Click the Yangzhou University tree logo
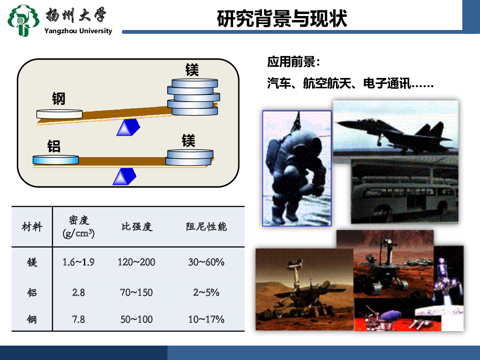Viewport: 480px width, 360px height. click(23, 20)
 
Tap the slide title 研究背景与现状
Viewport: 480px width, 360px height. click(282, 18)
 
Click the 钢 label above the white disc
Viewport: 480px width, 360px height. click(59, 98)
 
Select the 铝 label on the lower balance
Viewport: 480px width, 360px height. click(54, 146)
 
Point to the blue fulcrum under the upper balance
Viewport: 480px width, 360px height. click(128, 128)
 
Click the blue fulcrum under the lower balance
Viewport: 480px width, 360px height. click(124, 177)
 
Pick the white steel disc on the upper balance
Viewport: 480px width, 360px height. click(60, 114)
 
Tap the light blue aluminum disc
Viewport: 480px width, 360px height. click(56, 160)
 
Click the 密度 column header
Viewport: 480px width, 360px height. click(79, 227)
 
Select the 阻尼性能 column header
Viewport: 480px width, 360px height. click(206, 227)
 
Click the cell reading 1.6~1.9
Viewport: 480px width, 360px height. click(78, 262)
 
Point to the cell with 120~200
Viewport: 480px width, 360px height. click(136, 262)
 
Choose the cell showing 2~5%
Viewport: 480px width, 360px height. click(206, 292)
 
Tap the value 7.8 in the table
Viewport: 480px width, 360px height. click(78, 319)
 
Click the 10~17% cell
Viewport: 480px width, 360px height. click(206, 319)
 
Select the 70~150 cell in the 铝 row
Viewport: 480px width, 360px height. click(136, 292)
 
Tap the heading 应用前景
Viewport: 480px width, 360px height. click(294, 62)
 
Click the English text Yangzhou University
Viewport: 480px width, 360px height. click(78, 31)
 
